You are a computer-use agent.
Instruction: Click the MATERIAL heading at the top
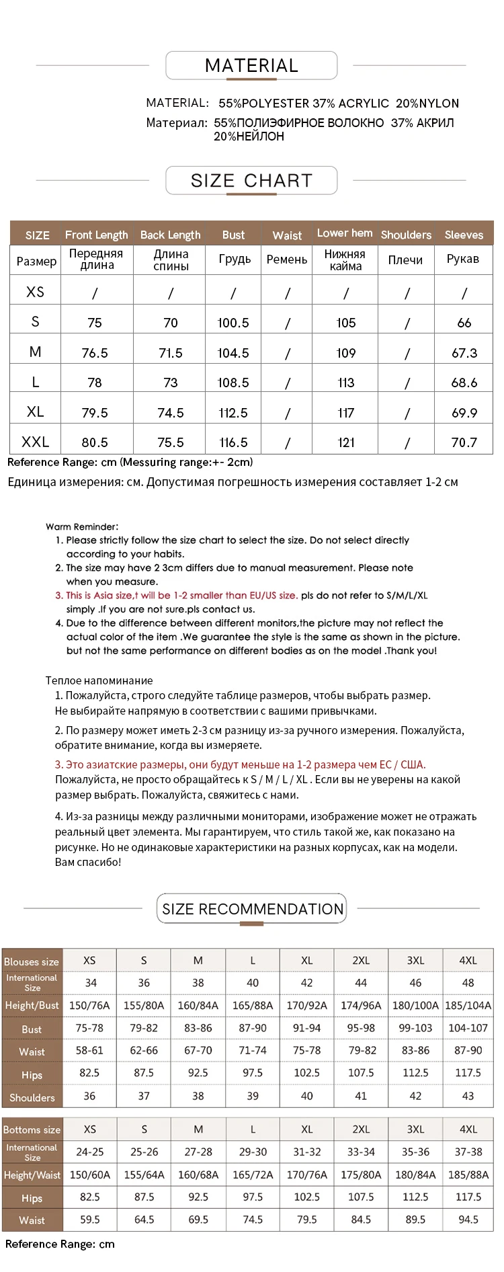click(251, 66)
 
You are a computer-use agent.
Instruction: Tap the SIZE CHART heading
click(251, 181)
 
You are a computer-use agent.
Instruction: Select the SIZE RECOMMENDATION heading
click(252, 909)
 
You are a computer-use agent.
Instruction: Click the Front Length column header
click(96, 235)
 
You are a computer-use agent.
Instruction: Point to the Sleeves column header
click(464, 235)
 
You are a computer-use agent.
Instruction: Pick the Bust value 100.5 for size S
click(233, 323)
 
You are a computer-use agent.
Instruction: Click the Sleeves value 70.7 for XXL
click(464, 442)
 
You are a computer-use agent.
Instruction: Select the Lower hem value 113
click(346, 383)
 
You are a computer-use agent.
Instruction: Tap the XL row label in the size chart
click(36, 412)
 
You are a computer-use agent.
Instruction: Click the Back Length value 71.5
click(171, 353)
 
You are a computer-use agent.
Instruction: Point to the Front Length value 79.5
click(95, 413)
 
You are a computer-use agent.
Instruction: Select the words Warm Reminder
click(82, 527)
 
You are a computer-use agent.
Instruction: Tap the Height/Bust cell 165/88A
click(253, 1006)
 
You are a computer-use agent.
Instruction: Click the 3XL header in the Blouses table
click(415, 961)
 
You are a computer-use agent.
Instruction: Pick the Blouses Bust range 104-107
click(468, 1028)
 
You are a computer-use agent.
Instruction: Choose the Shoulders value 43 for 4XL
click(468, 1096)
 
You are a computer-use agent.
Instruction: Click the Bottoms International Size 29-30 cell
click(253, 1152)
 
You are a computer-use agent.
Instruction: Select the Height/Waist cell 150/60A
click(90, 1175)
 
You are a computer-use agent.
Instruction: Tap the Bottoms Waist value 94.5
click(468, 1219)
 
